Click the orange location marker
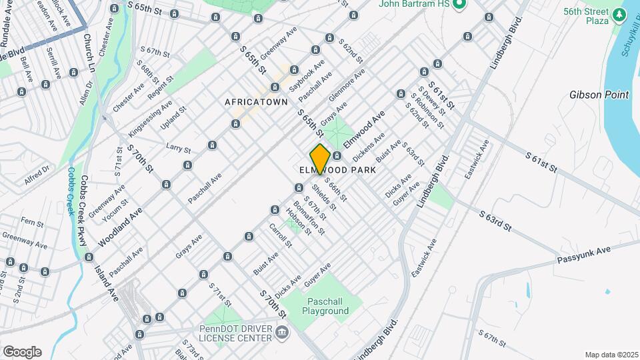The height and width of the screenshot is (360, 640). pyautogui.click(x=320, y=159)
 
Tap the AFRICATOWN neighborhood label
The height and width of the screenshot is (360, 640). pyautogui.click(x=256, y=102)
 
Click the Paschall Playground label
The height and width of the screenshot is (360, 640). pyautogui.click(x=325, y=306)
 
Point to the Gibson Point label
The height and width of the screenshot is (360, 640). pyautogui.click(x=599, y=95)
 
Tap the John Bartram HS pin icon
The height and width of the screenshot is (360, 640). pyautogui.click(x=458, y=4)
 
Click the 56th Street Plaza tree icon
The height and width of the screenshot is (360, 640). pyautogui.click(x=620, y=13)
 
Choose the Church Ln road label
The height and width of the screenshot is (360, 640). pyautogui.click(x=89, y=53)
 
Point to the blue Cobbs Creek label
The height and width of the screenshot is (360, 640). pyautogui.click(x=69, y=190)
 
